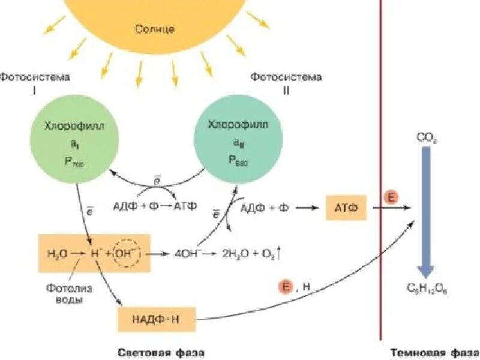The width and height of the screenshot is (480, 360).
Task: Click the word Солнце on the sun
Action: point(154,28)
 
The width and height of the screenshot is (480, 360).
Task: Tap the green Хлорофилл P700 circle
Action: point(73,142)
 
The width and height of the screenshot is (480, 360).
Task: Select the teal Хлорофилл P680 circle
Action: point(238,142)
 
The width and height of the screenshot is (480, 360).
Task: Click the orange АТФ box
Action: point(346,208)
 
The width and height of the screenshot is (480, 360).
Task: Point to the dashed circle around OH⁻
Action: point(126,253)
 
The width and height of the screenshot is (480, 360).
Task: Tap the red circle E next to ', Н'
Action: point(286,287)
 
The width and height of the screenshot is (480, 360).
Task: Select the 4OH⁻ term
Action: point(187,253)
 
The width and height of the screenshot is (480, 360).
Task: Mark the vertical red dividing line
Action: point(380,180)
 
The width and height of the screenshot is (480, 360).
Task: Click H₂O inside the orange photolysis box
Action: point(56,253)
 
